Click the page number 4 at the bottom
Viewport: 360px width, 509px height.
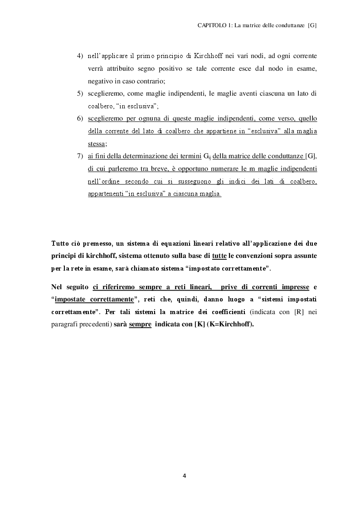(x=184, y=476)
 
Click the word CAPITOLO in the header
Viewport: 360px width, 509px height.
(x=211, y=26)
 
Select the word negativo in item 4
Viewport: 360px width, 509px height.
(x=101, y=81)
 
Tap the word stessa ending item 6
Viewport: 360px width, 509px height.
(x=97, y=144)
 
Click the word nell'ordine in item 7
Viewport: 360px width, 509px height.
(x=106, y=182)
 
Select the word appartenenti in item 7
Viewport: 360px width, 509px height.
(x=106, y=194)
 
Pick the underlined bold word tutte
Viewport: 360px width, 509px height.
(x=219, y=256)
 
